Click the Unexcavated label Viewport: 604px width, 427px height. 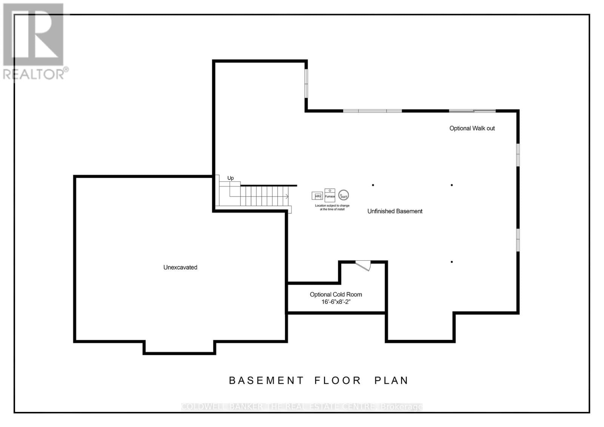pyautogui.click(x=180, y=267)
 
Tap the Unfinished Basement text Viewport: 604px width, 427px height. pyautogui.click(x=394, y=211)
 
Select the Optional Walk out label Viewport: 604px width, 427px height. pyautogui.click(x=472, y=128)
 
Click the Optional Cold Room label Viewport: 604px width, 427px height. pyautogui.click(x=336, y=295)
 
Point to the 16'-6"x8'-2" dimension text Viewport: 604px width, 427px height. pyautogui.click(x=336, y=302)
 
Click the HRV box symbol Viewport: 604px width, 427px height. pyautogui.click(x=317, y=196)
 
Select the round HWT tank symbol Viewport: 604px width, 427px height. pyautogui.click(x=344, y=195)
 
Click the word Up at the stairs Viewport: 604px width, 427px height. pyautogui.click(x=230, y=178)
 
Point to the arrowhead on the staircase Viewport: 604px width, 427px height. pyautogui.click(x=287, y=196)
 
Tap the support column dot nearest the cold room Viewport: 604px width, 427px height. pyautogui.click(x=451, y=262)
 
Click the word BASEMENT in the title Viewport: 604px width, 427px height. pyautogui.click(x=266, y=380)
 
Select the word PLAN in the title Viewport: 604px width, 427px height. pyautogui.click(x=391, y=380)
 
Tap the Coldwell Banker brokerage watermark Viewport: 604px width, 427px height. pyautogui.click(x=302, y=407)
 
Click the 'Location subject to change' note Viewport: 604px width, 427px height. pyautogui.click(x=332, y=207)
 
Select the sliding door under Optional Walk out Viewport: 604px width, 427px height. pyautogui.click(x=472, y=111)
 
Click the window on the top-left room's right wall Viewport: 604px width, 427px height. pyautogui.click(x=306, y=83)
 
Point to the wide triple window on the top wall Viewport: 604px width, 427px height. pyautogui.click(x=372, y=111)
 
